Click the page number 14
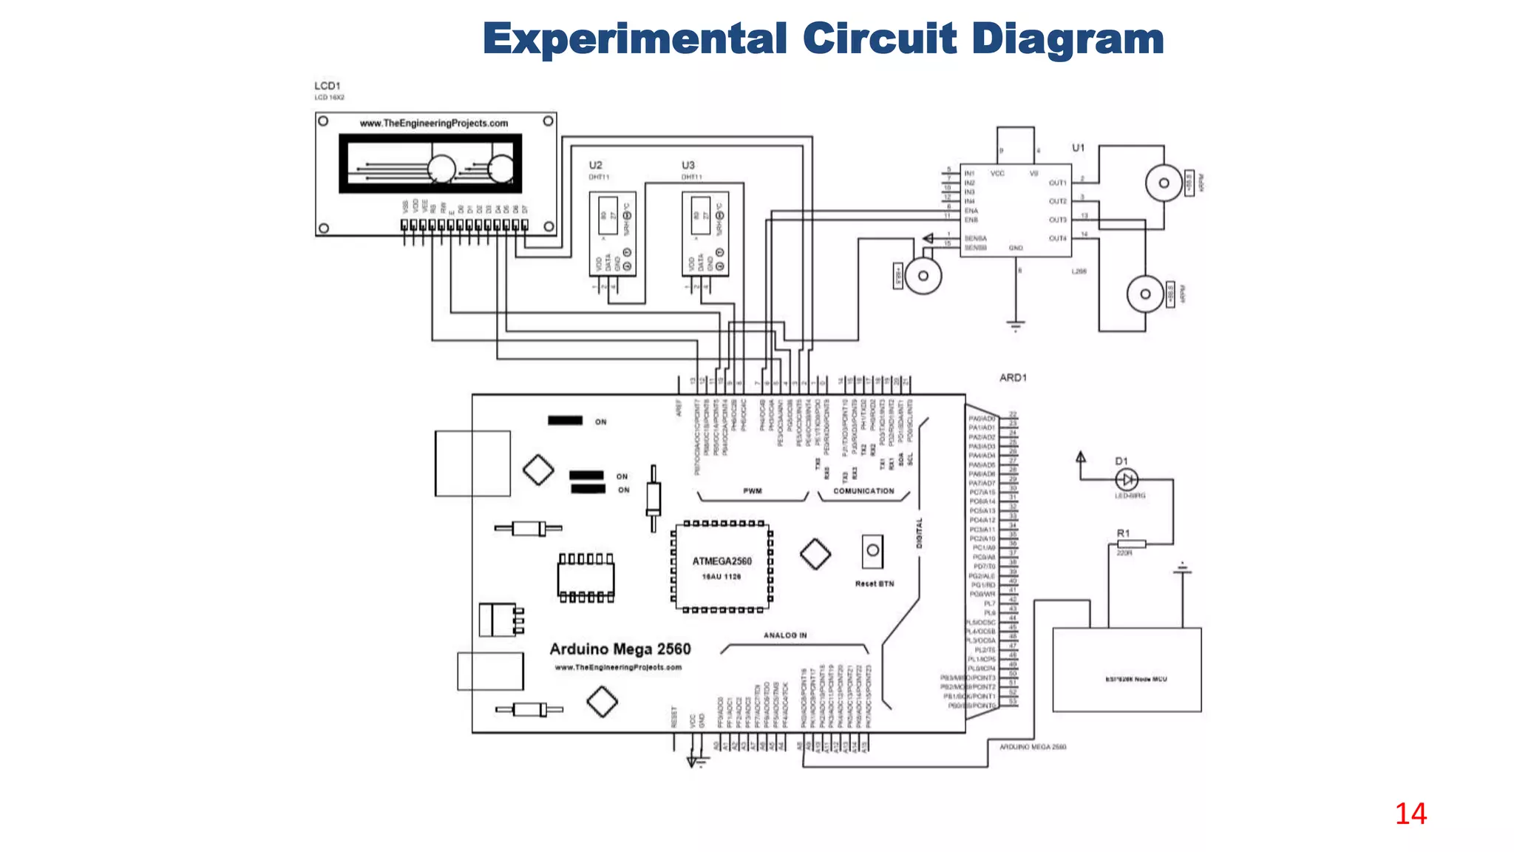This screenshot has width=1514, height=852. (x=1411, y=814)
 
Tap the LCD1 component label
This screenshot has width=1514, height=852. (x=327, y=86)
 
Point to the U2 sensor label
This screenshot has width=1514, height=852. (x=595, y=165)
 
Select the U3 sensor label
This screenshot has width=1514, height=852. (x=688, y=165)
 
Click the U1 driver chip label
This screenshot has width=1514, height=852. (x=1079, y=148)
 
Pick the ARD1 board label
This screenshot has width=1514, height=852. (x=1013, y=377)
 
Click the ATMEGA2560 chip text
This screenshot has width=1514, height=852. (x=722, y=561)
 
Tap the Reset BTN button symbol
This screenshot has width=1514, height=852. (x=872, y=551)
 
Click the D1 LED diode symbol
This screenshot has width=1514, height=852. (x=1126, y=479)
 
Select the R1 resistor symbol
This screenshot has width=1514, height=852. (x=1131, y=544)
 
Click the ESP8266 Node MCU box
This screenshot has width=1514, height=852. (x=1127, y=670)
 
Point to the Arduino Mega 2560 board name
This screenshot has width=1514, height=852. (x=619, y=649)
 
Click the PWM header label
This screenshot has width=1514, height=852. (x=753, y=491)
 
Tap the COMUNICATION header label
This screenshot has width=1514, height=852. (x=863, y=491)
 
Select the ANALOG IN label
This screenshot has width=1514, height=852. (x=785, y=635)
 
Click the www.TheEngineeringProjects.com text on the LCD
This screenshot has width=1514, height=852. (x=434, y=124)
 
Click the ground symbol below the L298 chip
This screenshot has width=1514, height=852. (x=1016, y=325)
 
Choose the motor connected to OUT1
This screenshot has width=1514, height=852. (x=1164, y=183)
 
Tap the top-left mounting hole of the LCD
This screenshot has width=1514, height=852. (x=323, y=121)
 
